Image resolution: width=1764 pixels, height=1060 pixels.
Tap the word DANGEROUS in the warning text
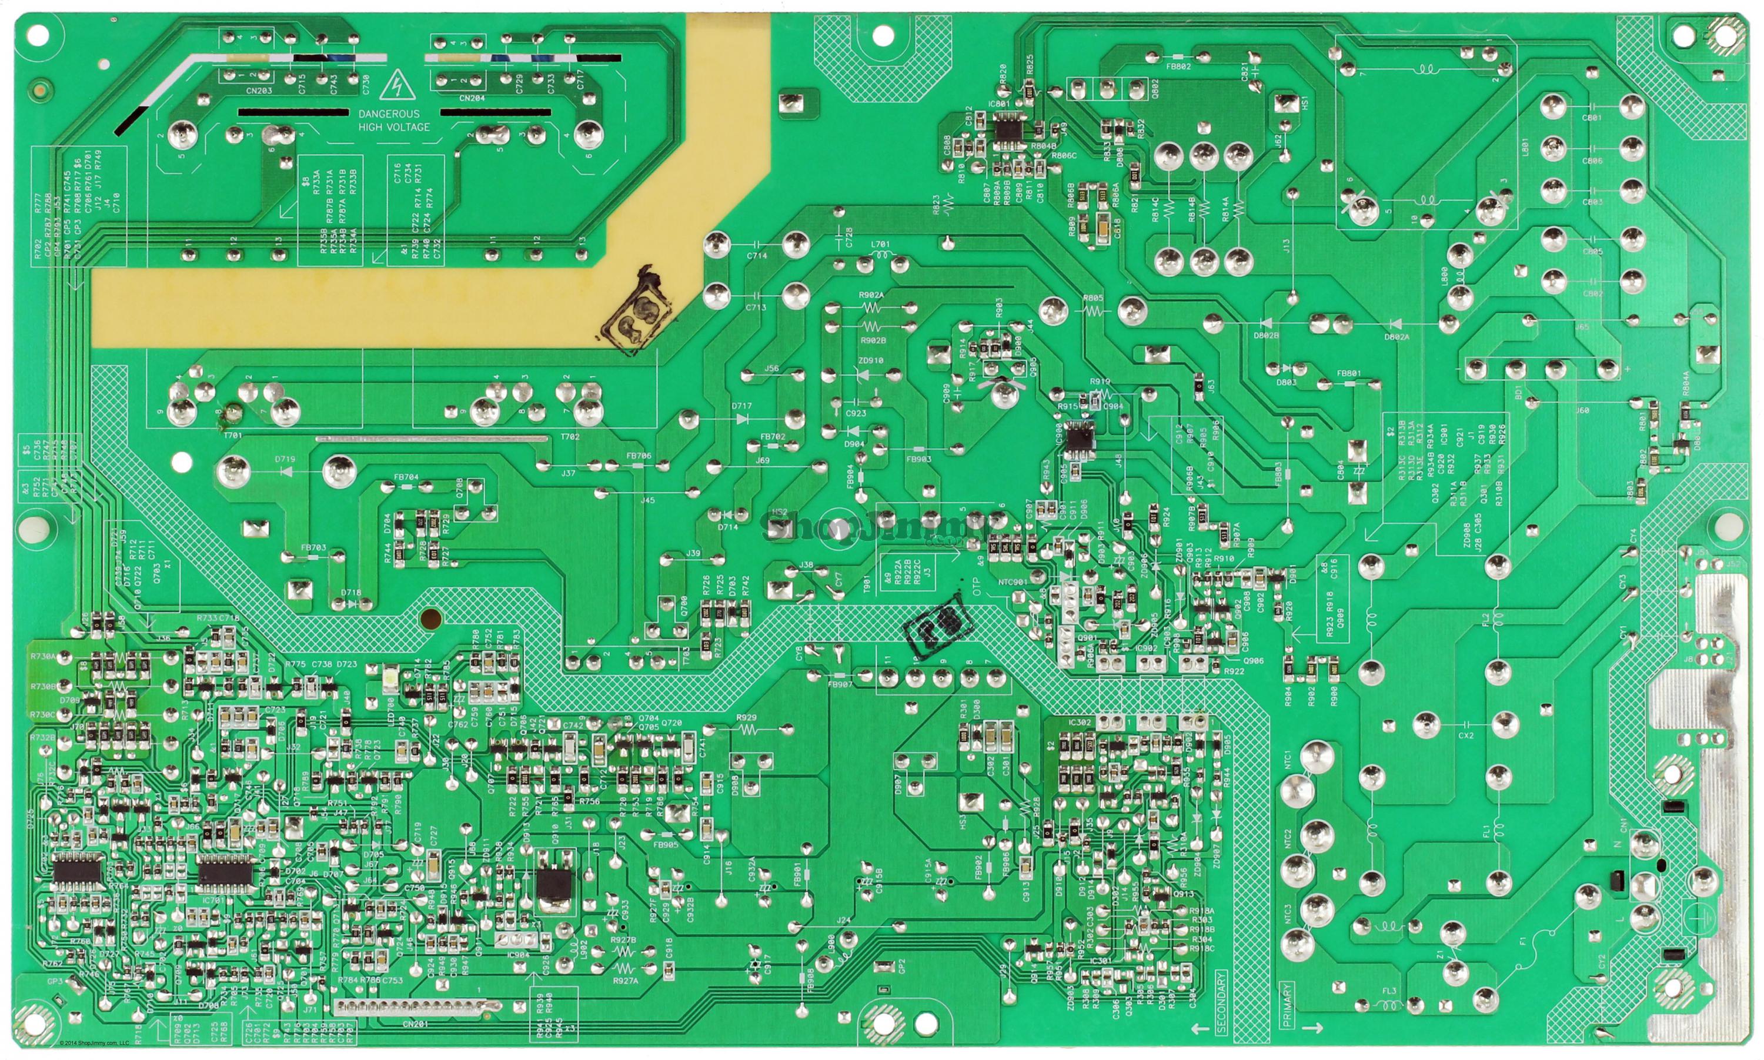pyautogui.click(x=389, y=113)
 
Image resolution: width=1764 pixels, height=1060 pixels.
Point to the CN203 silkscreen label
pyautogui.click(x=259, y=92)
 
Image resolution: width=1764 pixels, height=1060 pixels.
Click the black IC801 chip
pyautogui.click(x=1008, y=130)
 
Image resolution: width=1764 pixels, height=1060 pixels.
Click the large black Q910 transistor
pyautogui.click(x=553, y=886)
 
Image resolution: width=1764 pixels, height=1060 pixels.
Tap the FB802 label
pyautogui.click(x=1178, y=66)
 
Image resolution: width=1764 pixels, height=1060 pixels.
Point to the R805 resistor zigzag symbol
pyautogui.click(x=1093, y=311)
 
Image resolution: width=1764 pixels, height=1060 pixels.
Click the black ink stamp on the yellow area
pyautogui.click(x=636, y=313)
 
